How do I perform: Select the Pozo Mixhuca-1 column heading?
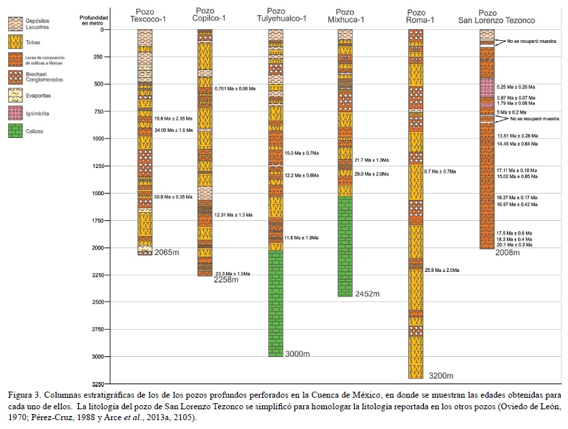click(x=345, y=16)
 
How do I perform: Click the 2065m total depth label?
click(x=167, y=252)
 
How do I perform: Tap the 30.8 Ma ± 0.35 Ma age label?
click(x=173, y=197)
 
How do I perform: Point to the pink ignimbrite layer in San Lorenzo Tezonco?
click(x=486, y=92)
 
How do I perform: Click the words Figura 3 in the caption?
click(x=25, y=394)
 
